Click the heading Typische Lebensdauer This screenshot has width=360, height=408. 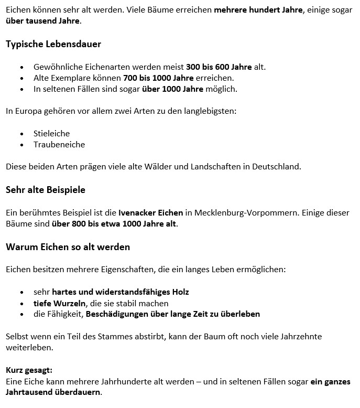coord(53,44)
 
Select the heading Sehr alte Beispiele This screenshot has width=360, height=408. coord(46,190)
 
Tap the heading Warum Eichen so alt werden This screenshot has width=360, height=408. coord(68,246)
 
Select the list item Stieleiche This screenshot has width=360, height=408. coord(51,133)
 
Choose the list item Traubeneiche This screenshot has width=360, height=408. coord(59,144)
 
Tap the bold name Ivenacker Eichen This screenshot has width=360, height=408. coord(151,212)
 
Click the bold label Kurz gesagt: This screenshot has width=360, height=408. coord(29,370)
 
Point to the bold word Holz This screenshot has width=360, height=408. coord(179,292)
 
